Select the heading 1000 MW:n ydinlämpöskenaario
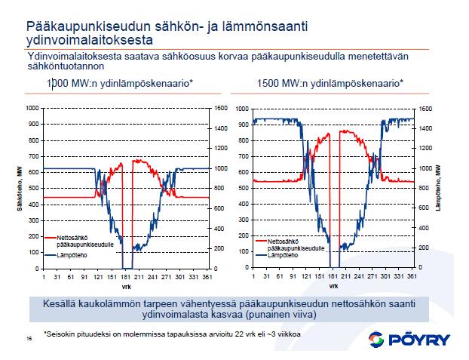[119, 82]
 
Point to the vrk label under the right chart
[333, 286]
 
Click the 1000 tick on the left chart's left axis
[32, 108]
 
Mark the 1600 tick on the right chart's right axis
[424, 108]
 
